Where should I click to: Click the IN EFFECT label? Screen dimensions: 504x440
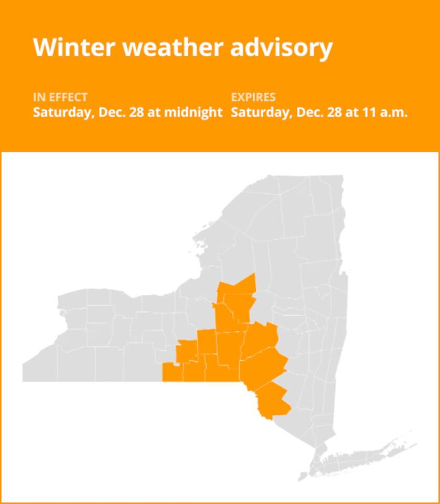click(60, 97)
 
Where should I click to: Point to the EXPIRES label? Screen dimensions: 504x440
click(253, 97)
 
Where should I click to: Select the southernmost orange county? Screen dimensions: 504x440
click(272, 400)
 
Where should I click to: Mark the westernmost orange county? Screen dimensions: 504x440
click(172, 372)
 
